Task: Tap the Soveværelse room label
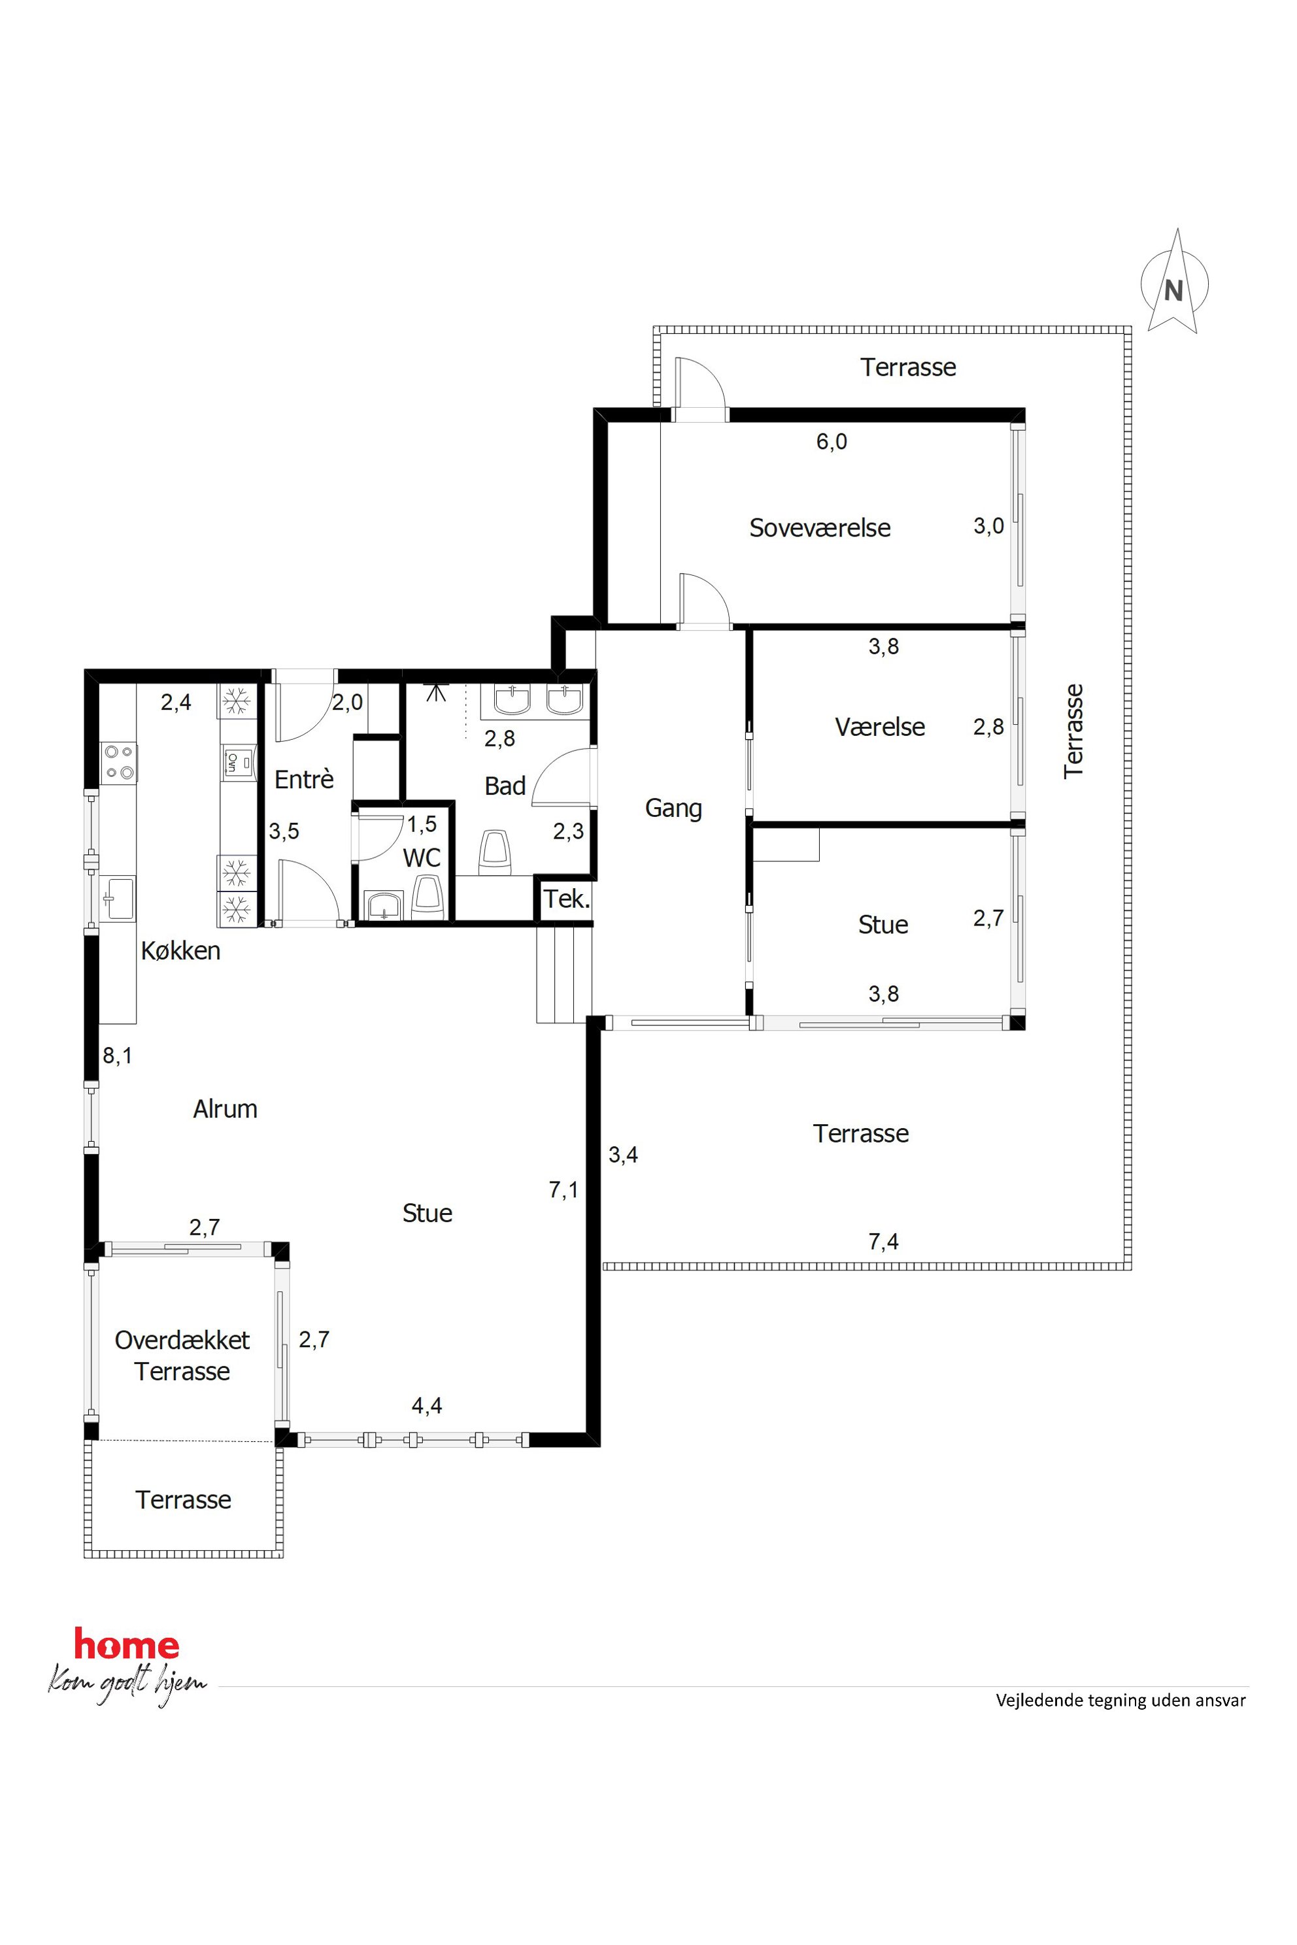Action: click(820, 527)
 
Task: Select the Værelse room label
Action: click(879, 727)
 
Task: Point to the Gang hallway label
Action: click(673, 808)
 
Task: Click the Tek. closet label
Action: click(567, 899)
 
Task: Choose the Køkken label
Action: click(180, 951)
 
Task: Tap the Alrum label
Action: click(225, 1109)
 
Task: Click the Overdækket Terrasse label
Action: click(182, 1355)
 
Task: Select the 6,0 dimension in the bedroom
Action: click(832, 442)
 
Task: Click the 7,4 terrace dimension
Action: click(883, 1241)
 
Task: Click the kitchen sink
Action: click(118, 898)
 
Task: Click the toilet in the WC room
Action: click(428, 897)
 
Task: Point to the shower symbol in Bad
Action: click(435, 691)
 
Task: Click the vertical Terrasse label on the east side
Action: click(1073, 731)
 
